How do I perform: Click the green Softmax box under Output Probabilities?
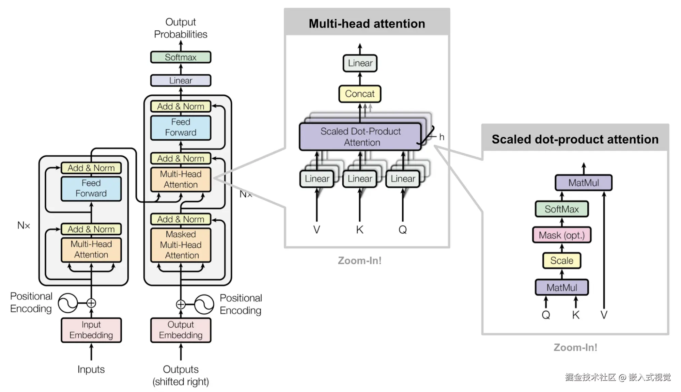point(181,57)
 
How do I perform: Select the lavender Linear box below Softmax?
point(181,81)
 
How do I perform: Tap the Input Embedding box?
point(91,330)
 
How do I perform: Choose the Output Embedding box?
point(181,330)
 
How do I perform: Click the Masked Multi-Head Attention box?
point(181,245)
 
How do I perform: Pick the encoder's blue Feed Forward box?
point(91,188)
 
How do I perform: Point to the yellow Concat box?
point(359,94)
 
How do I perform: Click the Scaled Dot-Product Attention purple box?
point(360,137)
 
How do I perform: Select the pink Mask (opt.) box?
point(561,235)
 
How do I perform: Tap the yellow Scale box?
point(561,261)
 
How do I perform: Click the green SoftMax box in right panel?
point(561,209)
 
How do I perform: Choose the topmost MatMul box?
point(583,183)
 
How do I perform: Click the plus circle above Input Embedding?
point(91,303)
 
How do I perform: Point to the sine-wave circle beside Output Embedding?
point(204,304)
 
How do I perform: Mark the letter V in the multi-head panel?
point(316,230)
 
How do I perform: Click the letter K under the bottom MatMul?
point(575,315)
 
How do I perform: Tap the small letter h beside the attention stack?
point(442,137)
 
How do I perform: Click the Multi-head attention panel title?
point(367,23)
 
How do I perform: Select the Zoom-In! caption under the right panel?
point(575,347)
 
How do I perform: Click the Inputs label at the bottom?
point(91,369)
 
